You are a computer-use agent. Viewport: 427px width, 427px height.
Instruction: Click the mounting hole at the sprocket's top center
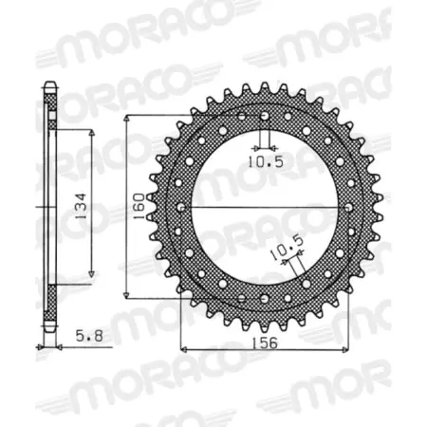click(x=263, y=116)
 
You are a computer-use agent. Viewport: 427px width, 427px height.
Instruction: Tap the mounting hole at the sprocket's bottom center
click(x=263, y=299)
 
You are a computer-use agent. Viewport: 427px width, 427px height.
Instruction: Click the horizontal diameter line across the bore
click(x=263, y=207)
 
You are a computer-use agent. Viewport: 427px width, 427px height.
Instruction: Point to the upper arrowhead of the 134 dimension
click(x=91, y=133)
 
